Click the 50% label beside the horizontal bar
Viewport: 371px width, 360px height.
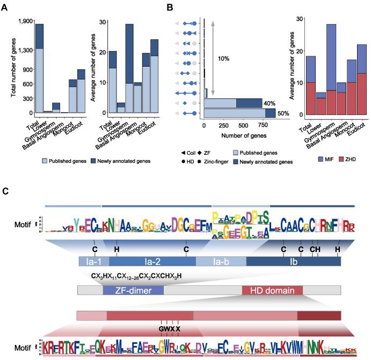tap(283, 113)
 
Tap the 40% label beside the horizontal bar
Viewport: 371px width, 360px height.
tap(269, 103)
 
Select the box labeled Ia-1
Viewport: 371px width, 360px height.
tap(93, 262)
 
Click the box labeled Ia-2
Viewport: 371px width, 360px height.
tap(152, 262)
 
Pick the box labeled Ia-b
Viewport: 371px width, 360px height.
tap(221, 262)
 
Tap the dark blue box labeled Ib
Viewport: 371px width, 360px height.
tap(293, 262)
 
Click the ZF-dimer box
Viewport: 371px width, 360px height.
tap(133, 291)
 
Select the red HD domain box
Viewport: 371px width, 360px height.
tap(272, 291)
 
